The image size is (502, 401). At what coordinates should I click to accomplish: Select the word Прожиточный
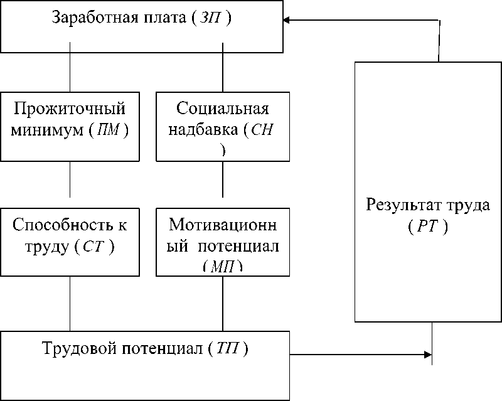point(70,110)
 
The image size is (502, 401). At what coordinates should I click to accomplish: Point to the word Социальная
point(223,110)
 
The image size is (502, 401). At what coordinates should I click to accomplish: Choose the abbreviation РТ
point(427,227)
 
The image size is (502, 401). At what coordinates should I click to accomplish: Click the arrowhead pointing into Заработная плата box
point(287,20)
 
